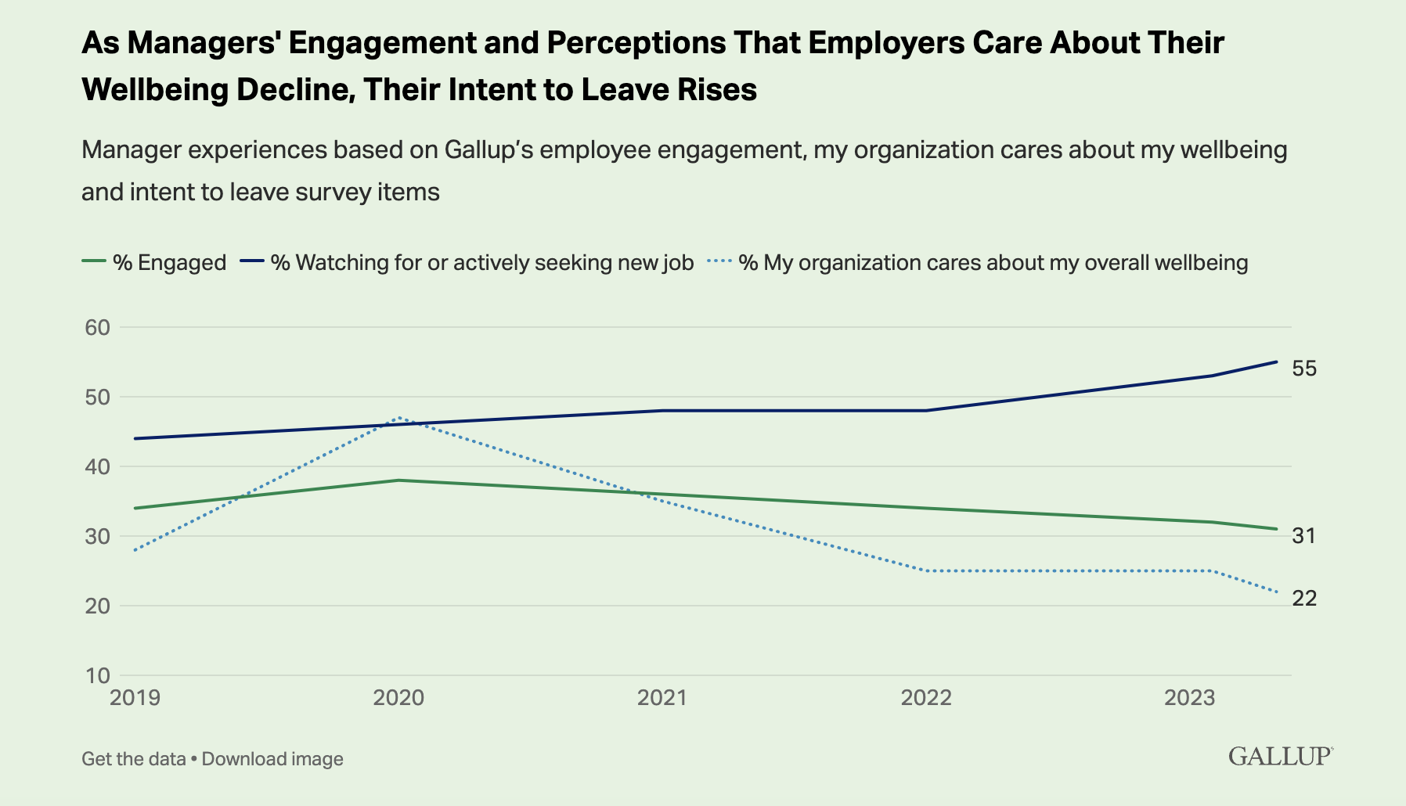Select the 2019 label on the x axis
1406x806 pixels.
tap(135, 697)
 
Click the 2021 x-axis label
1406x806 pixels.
tap(662, 697)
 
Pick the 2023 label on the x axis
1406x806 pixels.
tap(1189, 697)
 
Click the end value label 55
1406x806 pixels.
tap(1304, 369)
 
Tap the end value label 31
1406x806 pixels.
tap(1304, 536)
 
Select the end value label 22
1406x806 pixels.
tap(1304, 599)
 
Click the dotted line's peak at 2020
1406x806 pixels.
tap(399, 418)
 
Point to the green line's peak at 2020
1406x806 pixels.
tap(399, 480)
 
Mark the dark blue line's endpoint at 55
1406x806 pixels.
tap(1277, 362)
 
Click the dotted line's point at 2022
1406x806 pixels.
tap(926, 570)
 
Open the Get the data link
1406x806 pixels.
tap(133, 759)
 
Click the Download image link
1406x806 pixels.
tap(272, 759)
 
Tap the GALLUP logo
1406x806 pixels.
tap(1280, 756)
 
